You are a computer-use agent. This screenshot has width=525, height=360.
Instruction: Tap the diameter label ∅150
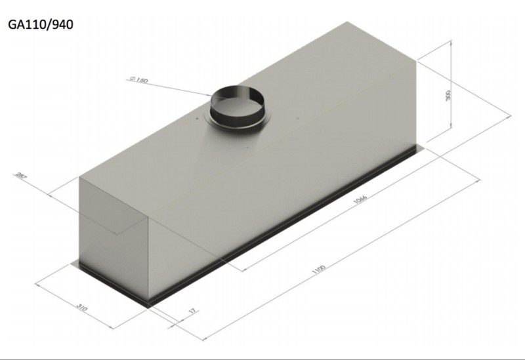pos(139,80)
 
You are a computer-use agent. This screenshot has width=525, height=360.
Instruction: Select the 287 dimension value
pos(20,176)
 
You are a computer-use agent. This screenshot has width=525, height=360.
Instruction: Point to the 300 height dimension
pos(448,96)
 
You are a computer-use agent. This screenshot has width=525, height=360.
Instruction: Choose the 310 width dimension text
pos(81,308)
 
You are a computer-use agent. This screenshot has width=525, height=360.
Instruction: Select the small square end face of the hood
pos(115,236)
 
